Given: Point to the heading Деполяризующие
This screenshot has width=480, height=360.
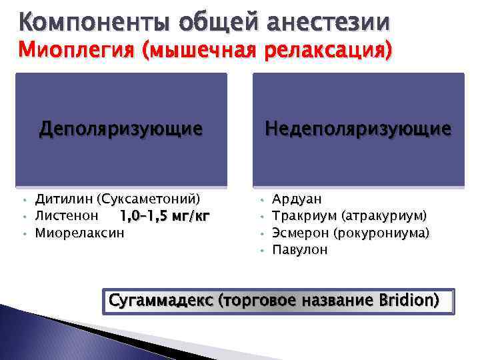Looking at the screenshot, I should tap(121, 127).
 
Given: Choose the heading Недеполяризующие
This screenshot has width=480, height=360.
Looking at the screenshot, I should tap(358, 127).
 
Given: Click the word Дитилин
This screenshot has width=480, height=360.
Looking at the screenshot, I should tap(64, 199).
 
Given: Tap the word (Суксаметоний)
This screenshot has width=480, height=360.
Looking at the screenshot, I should tap(148, 199).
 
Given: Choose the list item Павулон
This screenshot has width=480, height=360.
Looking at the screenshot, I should tap(300, 250).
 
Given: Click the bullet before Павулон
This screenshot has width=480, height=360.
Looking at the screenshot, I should tap(263, 251).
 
